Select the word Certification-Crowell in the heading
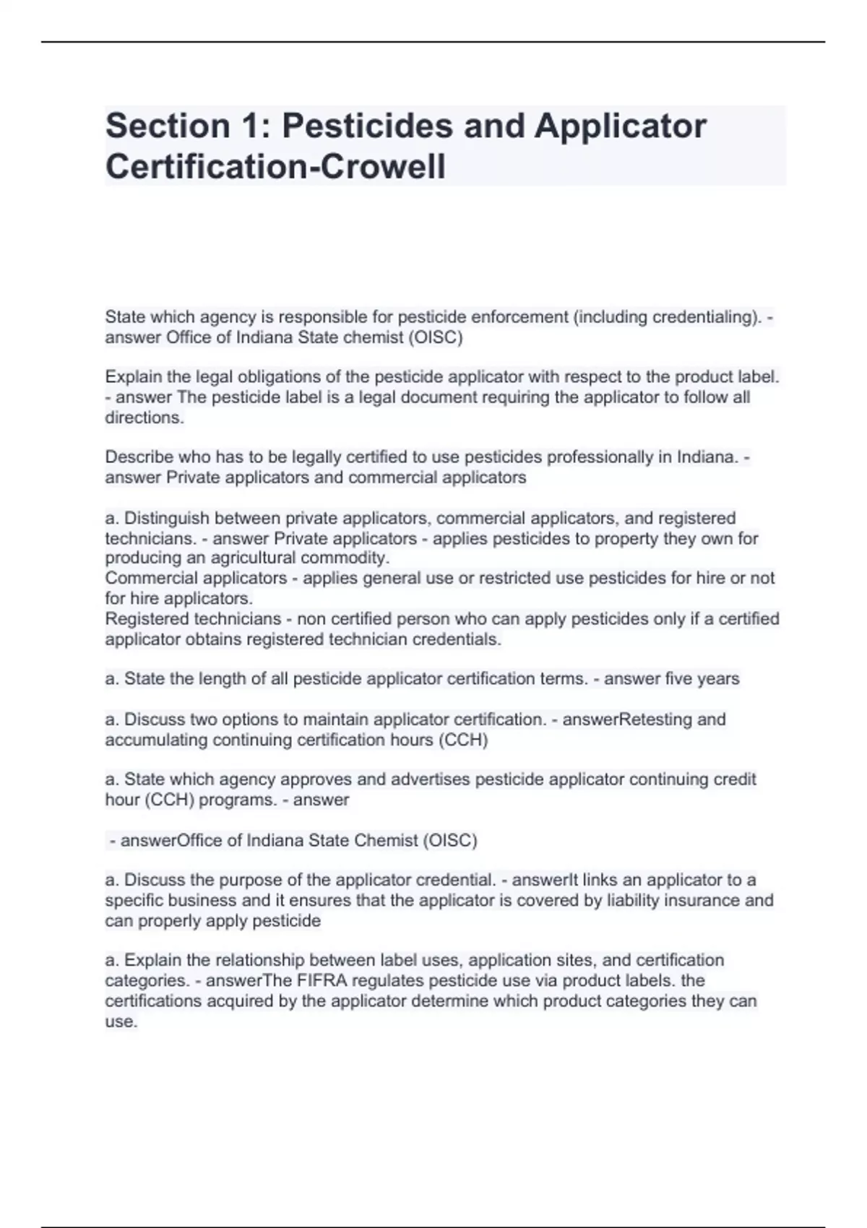coord(275,168)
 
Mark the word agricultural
coord(253,558)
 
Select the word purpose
coord(247,881)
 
